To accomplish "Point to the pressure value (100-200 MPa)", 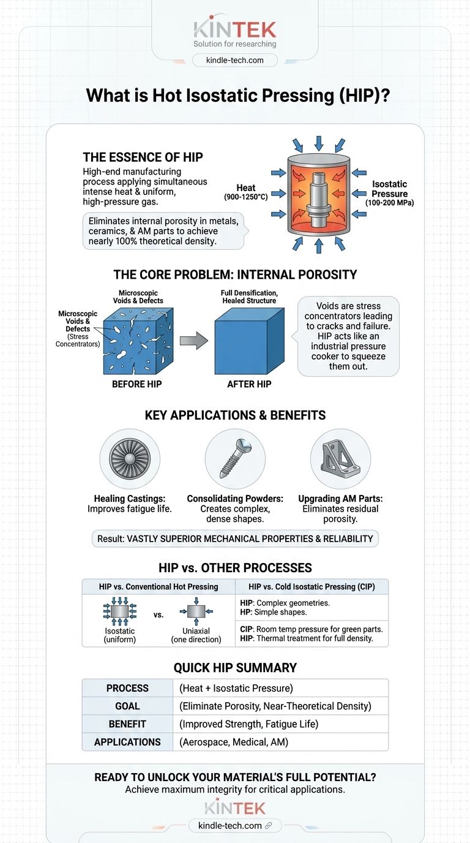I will [x=389, y=202].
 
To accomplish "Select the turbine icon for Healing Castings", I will [x=130, y=458].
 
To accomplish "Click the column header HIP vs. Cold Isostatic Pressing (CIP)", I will [x=312, y=586].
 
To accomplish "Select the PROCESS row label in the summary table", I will [x=127, y=688].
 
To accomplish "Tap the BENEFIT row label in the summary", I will [x=127, y=724].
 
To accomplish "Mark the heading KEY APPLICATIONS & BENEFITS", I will [x=235, y=415].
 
